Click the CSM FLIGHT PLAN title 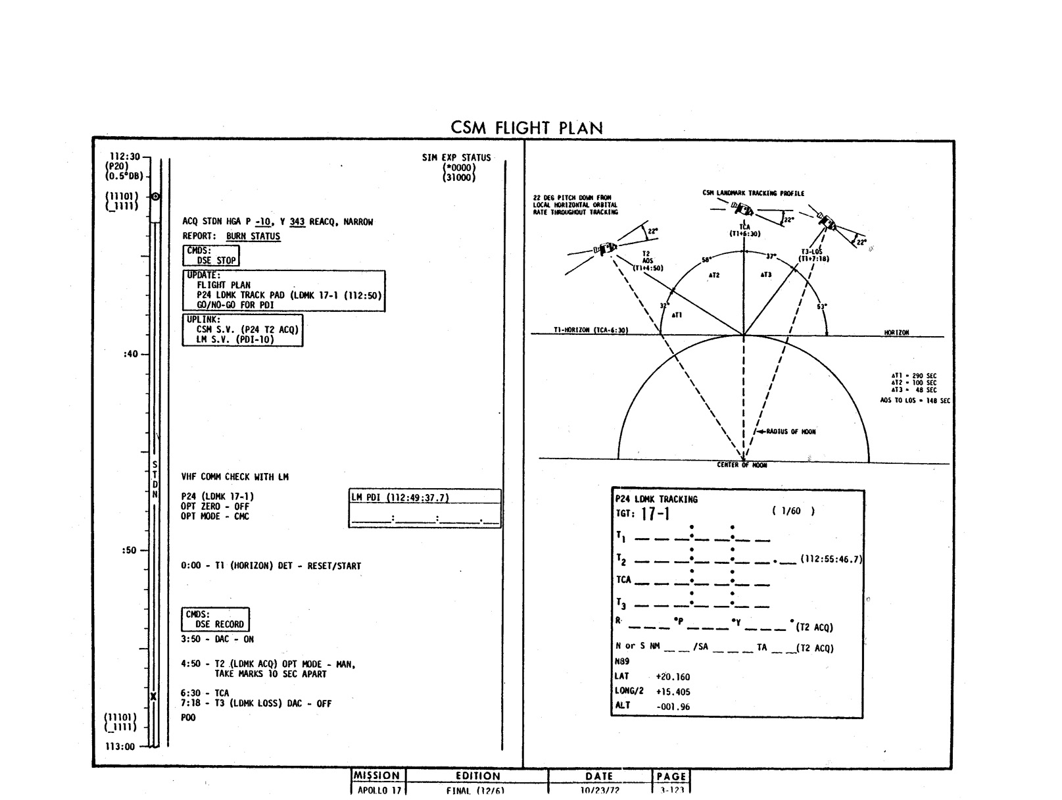(x=527, y=128)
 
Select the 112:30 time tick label (x=124, y=157)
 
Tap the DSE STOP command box (x=210, y=256)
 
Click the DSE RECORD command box (x=216, y=620)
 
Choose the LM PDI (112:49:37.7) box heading (x=400, y=498)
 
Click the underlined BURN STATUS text (x=253, y=236)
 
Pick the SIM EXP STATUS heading (x=456, y=158)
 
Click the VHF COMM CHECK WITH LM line (x=235, y=477)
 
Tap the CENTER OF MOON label (x=742, y=465)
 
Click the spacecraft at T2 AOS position (x=604, y=249)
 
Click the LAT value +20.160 (x=673, y=677)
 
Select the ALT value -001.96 (x=673, y=707)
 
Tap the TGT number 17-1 (x=655, y=514)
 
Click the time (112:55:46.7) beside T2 (x=831, y=560)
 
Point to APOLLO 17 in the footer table (x=378, y=791)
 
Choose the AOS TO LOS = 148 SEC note (x=915, y=400)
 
